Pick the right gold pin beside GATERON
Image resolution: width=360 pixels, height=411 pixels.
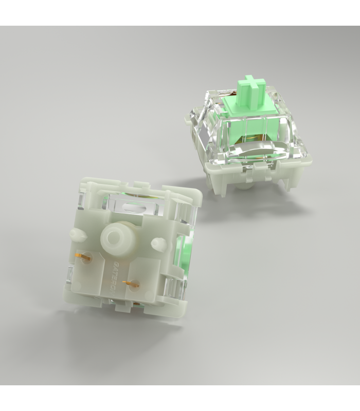point(132,283)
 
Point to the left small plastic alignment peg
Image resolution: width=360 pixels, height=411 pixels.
point(78,234)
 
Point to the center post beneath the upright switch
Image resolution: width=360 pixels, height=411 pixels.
point(244,184)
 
